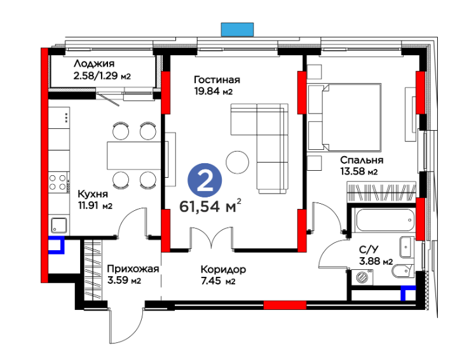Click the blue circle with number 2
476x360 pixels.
click(x=205, y=180)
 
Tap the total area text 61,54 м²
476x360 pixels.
click(x=210, y=206)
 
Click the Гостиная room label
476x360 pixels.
click(x=217, y=79)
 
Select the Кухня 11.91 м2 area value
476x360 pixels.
click(x=95, y=206)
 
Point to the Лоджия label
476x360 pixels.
click(x=94, y=63)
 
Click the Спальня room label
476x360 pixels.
click(x=362, y=160)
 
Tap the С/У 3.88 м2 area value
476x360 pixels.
click(x=376, y=261)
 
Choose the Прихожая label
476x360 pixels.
click(x=133, y=269)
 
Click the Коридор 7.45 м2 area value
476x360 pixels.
click(x=218, y=281)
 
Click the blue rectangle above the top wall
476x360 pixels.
click(x=238, y=29)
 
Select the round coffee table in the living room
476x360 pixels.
click(x=238, y=163)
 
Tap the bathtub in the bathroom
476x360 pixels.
click(x=385, y=220)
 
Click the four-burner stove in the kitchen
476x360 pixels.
click(x=58, y=182)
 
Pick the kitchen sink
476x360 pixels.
click(x=58, y=225)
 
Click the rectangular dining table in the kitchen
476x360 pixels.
click(x=133, y=156)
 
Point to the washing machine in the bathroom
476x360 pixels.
click(x=362, y=277)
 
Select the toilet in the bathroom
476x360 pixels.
click(x=403, y=270)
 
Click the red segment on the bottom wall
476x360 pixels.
click(x=285, y=305)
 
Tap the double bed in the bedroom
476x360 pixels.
click(x=344, y=117)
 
